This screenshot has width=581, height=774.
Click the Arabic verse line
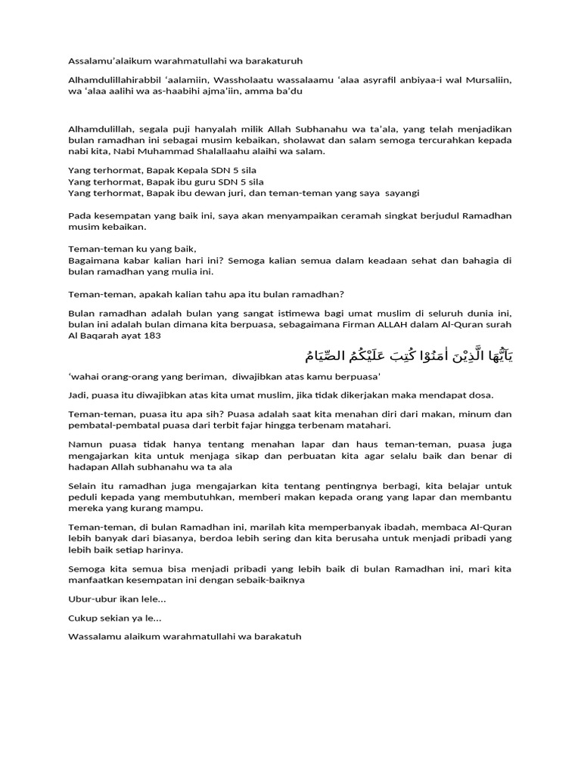coord(403,355)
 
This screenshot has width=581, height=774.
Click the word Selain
coord(82,486)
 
